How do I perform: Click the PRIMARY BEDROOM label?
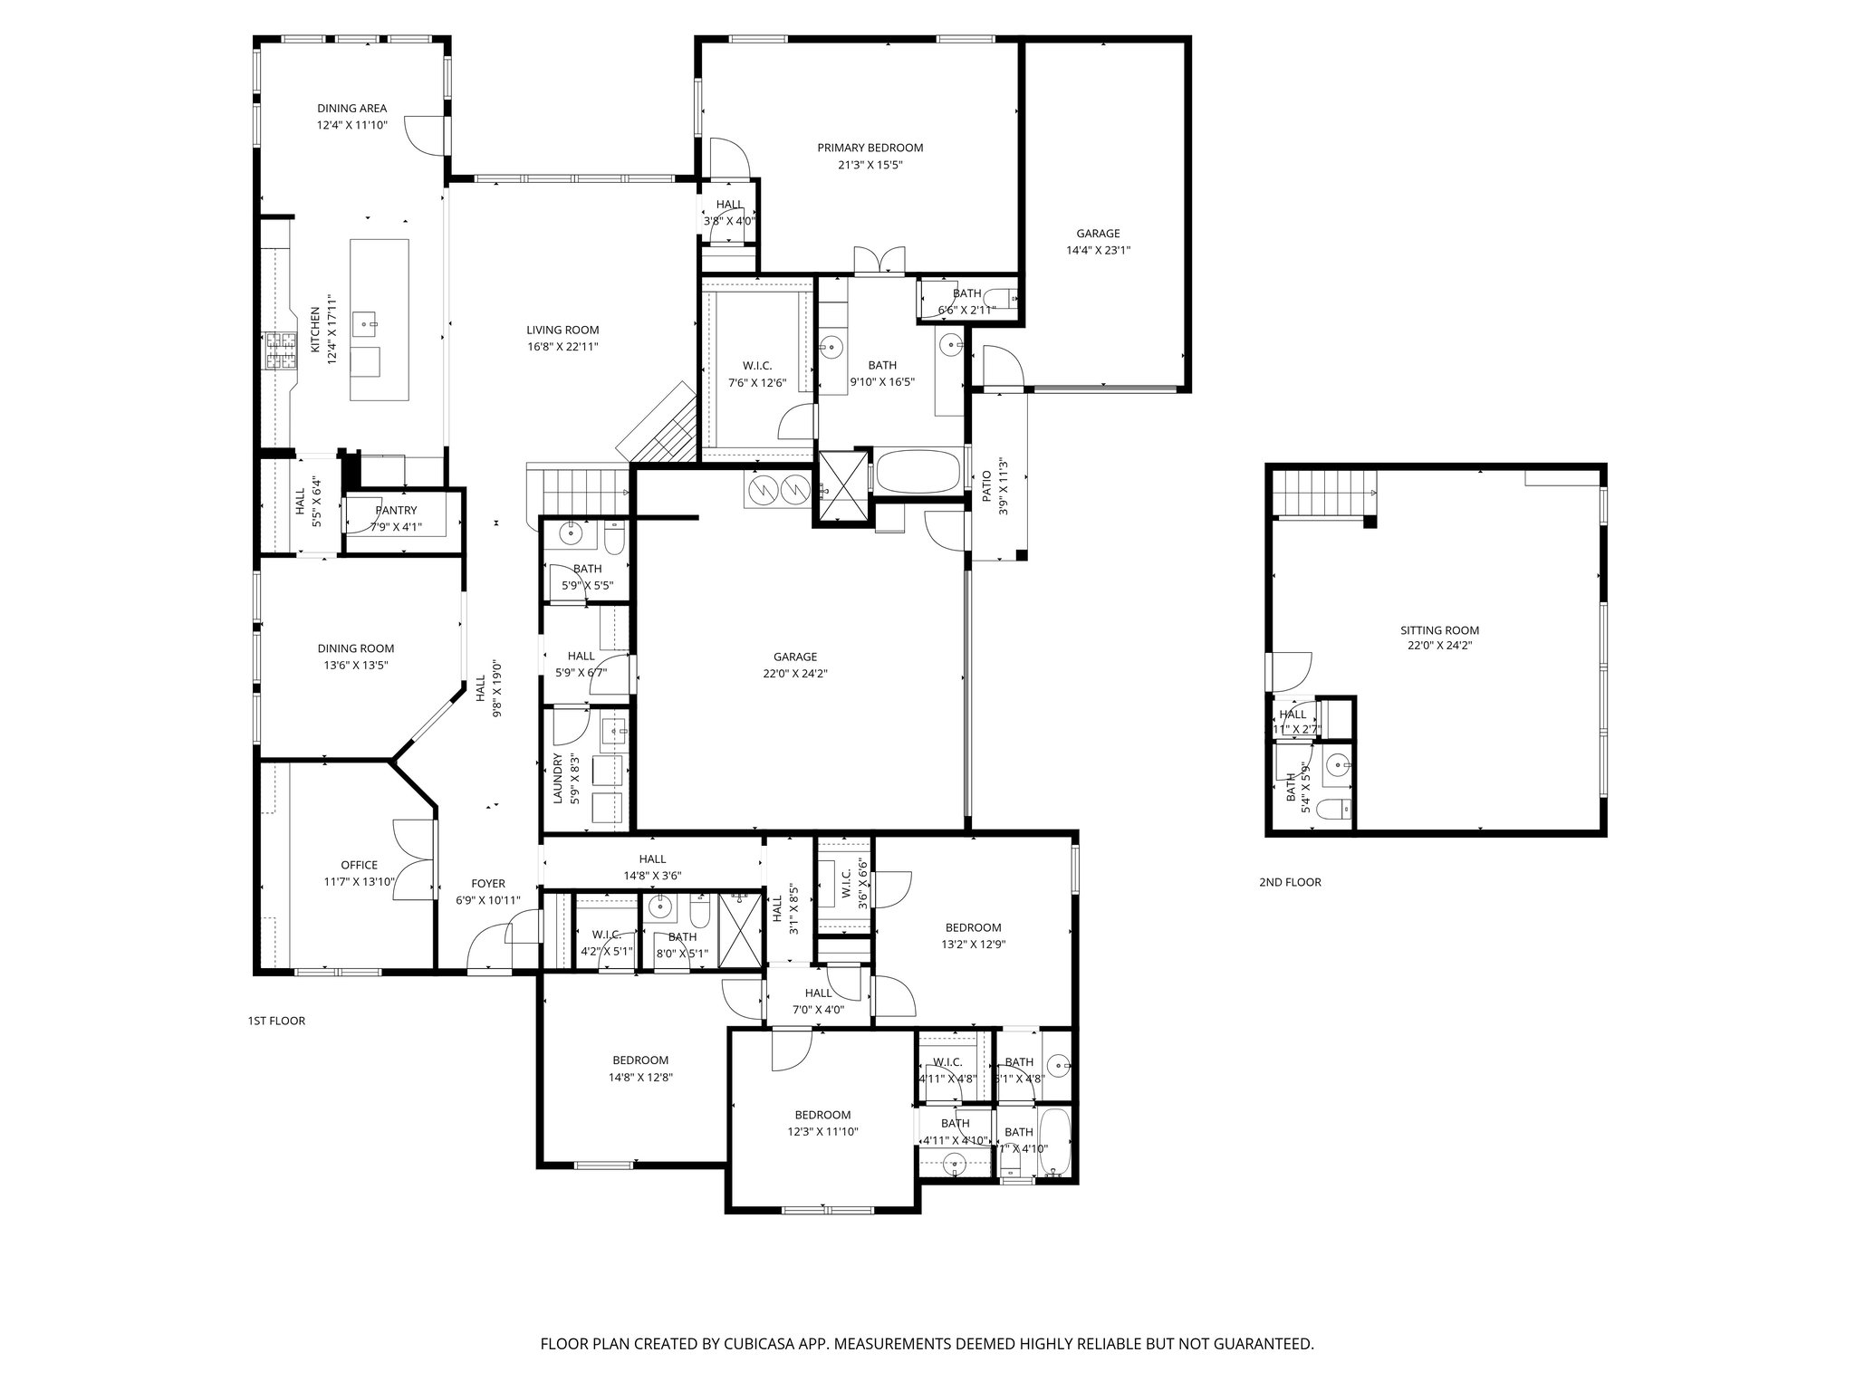pos(870,148)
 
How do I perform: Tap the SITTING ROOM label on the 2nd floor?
pos(1439,630)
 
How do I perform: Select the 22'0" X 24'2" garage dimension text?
pos(794,674)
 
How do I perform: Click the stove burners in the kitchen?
pos(280,351)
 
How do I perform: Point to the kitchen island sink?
pos(367,321)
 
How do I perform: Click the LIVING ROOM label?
pos(562,330)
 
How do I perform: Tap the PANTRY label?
pos(396,511)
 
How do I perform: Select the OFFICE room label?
pos(359,865)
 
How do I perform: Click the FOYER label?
pos(487,884)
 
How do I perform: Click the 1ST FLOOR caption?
pos(276,1021)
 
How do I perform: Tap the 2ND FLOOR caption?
pos(1290,882)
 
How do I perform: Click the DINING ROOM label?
pos(355,648)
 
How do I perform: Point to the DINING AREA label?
pos(351,109)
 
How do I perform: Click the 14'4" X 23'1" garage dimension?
pos(1098,251)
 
